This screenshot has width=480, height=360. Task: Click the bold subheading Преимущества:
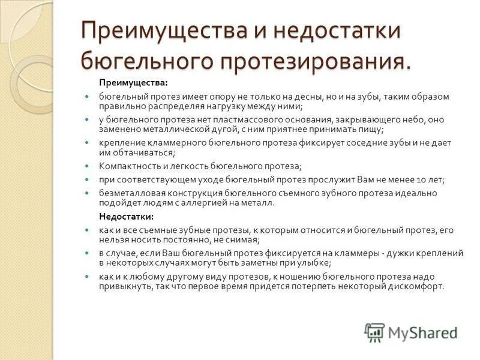134,82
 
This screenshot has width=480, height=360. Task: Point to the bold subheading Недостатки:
126,216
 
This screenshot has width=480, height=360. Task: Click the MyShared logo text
422,332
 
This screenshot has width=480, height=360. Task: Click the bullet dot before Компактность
87,166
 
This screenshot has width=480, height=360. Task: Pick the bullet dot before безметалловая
87,193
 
